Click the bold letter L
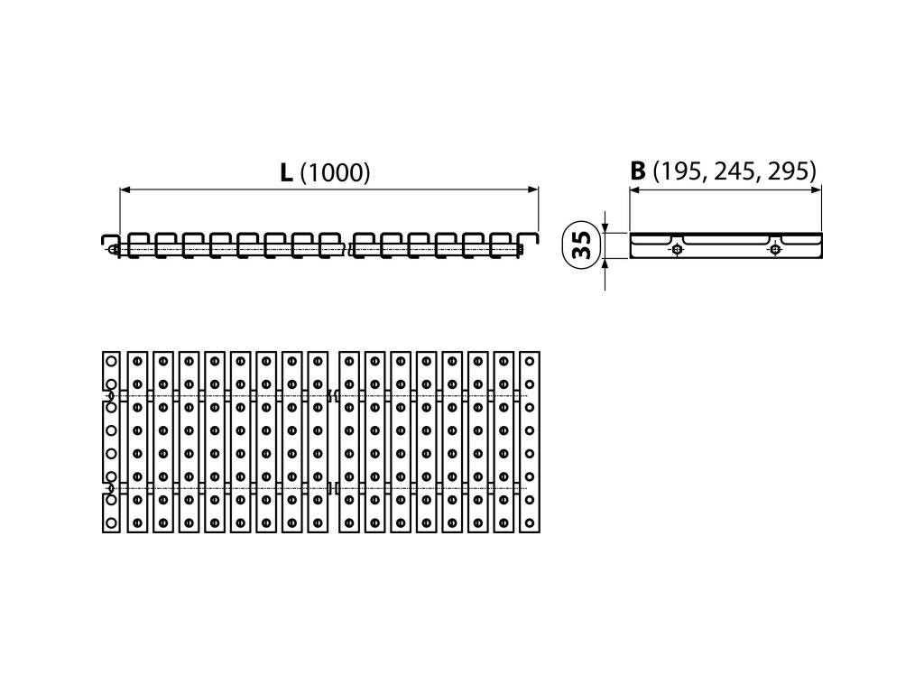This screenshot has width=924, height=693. point(285,172)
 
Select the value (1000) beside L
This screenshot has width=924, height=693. point(334,173)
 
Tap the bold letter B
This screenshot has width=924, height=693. point(638,171)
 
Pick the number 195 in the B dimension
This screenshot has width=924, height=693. point(683,171)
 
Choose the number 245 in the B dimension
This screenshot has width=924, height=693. point(735,171)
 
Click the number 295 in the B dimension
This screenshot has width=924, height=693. point(789,171)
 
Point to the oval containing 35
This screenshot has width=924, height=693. point(582,245)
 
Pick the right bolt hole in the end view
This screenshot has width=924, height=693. point(774,250)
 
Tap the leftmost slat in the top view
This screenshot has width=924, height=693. point(110,441)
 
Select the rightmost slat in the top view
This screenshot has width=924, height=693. point(530,441)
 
